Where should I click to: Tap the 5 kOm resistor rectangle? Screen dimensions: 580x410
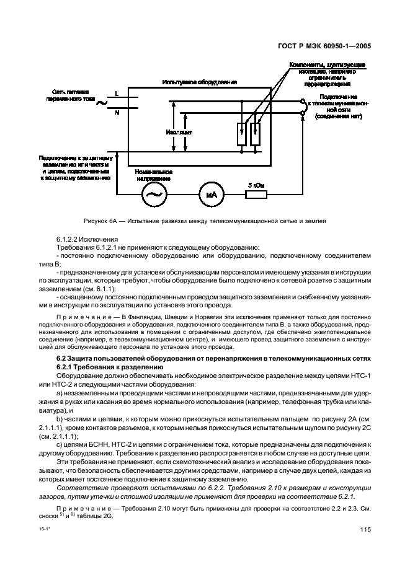pyautogui.click(x=256, y=195)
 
